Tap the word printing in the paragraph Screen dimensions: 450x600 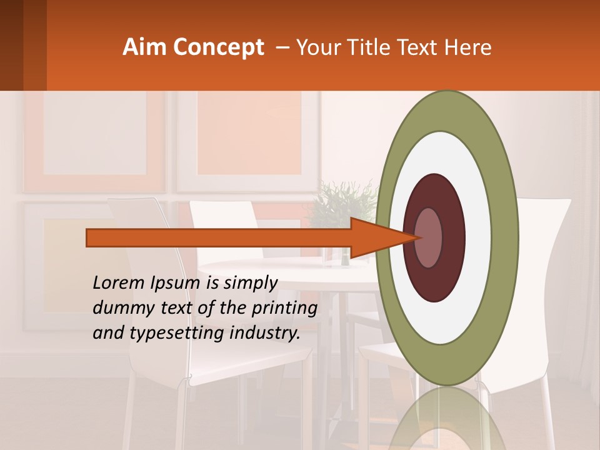click(x=284, y=308)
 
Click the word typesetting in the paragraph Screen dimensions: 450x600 click(x=171, y=333)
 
